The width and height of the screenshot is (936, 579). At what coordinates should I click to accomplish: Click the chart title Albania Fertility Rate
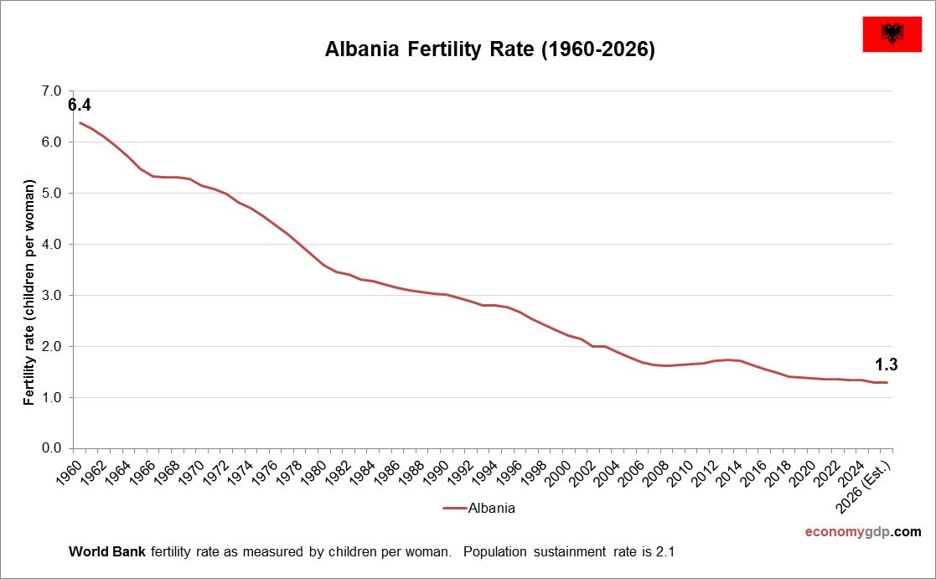(489, 49)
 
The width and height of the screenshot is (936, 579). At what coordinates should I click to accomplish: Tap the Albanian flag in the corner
(891, 34)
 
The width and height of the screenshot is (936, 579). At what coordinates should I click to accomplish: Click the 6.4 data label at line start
(79, 106)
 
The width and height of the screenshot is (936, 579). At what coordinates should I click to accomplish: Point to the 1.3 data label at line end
(887, 364)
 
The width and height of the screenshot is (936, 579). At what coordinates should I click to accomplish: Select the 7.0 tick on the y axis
(51, 90)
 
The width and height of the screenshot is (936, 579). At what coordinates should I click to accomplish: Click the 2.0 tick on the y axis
(51, 346)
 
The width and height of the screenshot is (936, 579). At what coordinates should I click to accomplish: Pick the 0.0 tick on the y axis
(51, 448)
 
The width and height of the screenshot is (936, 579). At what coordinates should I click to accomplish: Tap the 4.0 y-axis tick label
(51, 244)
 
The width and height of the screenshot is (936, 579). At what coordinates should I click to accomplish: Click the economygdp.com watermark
(862, 531)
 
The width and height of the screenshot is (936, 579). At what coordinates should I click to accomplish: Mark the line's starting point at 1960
(80, 122)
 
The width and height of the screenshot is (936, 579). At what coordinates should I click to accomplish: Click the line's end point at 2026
(887, 382)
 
